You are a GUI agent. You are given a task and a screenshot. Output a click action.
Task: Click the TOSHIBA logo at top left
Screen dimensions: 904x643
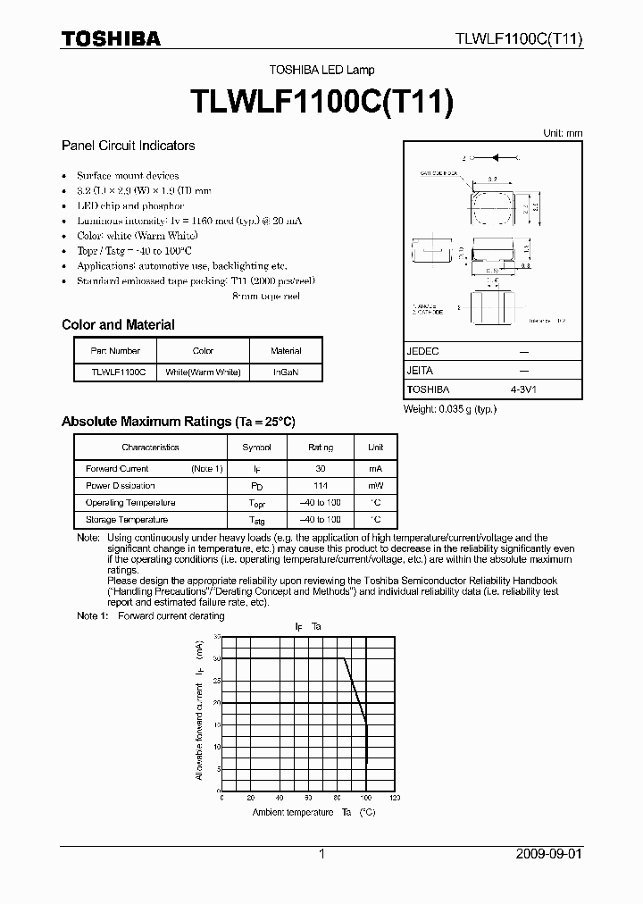(x=111, y=38)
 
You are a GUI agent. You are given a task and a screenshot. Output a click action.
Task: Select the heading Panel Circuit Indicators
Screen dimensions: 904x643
(x=128, y=146)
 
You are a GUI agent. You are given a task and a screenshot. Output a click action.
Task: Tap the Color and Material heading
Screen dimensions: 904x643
(x=118, y=325)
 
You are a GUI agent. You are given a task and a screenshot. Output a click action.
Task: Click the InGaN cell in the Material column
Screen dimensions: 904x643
(x=286, y=372)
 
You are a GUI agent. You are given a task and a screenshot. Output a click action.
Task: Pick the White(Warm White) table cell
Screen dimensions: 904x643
(x=204, y=372)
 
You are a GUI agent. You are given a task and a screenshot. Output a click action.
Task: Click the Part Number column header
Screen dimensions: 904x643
(x=115, y=351)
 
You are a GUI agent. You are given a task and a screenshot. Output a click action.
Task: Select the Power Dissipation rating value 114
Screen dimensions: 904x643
(x=321, y=486)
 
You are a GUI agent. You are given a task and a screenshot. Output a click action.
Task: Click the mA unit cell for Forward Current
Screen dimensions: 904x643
(x=375, y=469)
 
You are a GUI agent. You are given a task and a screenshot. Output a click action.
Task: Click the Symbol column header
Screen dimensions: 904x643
(x=257, y=448)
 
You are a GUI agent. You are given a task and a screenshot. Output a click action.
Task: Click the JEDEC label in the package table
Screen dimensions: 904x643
(x=423, y=352)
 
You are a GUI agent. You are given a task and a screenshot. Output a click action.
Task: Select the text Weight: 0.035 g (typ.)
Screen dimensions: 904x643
(x=450, y=409)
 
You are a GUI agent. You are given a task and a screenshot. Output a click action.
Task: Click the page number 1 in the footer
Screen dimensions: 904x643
(x=321, y=854)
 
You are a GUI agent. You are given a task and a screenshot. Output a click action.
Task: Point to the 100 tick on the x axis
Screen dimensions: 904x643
(x=366, y=798)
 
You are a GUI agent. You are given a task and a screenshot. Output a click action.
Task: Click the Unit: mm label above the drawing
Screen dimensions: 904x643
(x=563, y=133)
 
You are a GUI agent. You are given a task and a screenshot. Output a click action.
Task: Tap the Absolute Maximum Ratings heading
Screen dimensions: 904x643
(x=178, y=422)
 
